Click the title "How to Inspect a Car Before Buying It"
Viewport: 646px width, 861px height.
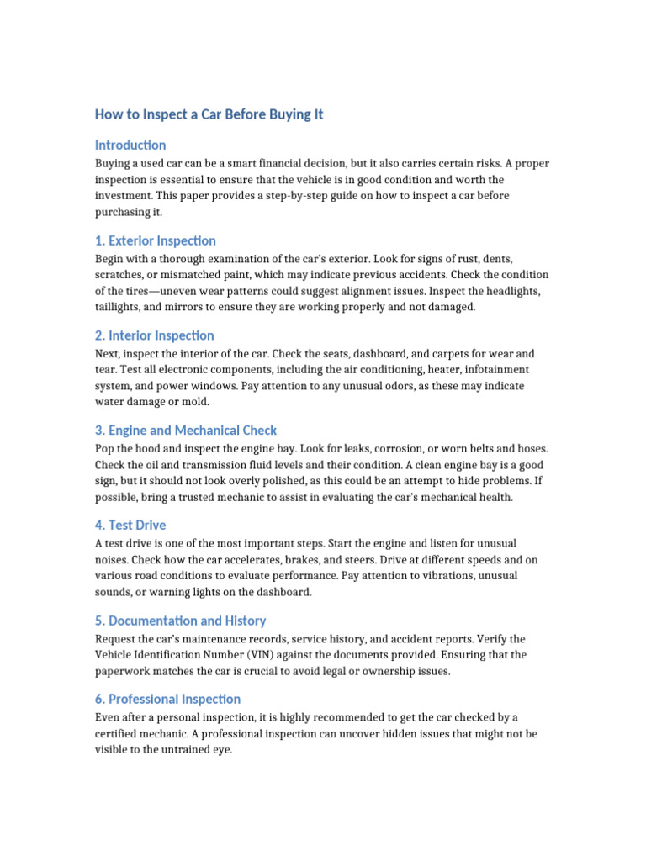click(209, 114)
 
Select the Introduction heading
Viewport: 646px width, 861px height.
click(130, 145)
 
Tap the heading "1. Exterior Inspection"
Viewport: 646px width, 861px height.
click(156, 240)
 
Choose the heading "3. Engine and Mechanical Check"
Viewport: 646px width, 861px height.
click(186, 430)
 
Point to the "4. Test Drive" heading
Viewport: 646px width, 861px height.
click(130, 526)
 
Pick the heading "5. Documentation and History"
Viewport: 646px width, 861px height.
click(181, 621)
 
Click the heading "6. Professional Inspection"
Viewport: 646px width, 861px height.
click(168, 699)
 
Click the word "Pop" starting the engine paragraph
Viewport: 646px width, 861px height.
click(105, 448)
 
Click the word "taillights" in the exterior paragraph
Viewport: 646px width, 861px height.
click(119, 307)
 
